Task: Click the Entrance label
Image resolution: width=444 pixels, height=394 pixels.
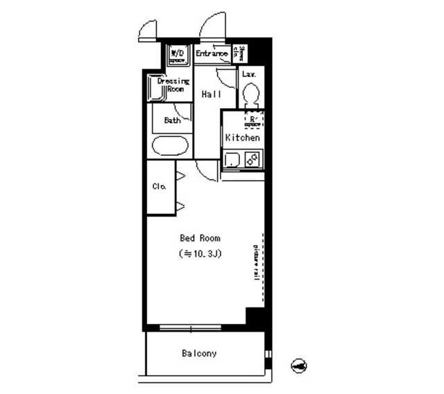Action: pos(212,53)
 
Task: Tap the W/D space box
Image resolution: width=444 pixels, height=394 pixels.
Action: pos(178,54)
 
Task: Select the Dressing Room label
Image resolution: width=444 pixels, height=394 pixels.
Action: pos(172,85)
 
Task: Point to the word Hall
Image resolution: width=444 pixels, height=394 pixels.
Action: pos(212,94)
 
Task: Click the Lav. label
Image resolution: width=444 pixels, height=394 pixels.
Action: pos(249,73)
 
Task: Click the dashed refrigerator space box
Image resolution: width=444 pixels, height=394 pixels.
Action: pos(253,120)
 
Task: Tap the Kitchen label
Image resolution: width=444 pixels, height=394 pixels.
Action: pos(243,138)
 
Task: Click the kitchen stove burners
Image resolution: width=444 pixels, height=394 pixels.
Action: pos(253,161)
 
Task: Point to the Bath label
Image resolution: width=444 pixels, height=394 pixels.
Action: pos(172,120)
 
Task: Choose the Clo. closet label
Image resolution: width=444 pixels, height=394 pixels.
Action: pos(158,186)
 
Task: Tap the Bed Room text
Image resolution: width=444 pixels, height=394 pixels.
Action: pos(200,238)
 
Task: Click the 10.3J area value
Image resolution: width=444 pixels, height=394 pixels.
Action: pos(200,253)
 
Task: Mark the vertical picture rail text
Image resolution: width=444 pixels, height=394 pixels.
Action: pos(257,261)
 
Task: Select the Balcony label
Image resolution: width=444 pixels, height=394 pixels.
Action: pos(200,354)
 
